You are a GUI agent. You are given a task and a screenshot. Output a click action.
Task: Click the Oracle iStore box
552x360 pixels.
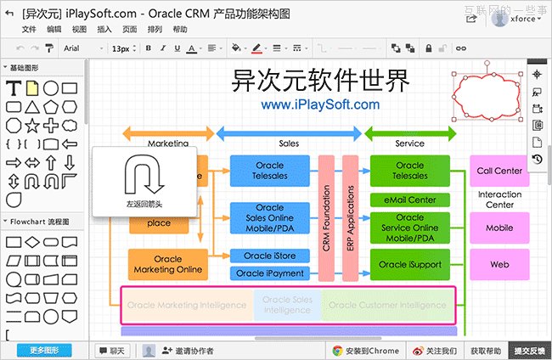[269, 256]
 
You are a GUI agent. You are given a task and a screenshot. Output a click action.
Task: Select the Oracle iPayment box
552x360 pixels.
[269, 273]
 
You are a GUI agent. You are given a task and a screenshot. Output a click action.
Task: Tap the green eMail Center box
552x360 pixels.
[409, 200]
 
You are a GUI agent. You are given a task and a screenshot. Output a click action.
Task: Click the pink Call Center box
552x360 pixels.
[499, 171]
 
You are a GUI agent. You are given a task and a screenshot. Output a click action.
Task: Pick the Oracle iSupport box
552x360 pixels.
[409, 265]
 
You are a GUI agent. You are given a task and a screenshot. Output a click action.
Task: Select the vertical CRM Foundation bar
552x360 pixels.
[326, 217]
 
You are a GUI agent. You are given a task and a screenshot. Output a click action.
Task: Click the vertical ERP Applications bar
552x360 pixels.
[350, 217]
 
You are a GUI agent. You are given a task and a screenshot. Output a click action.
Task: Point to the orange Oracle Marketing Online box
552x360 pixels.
[168, 265]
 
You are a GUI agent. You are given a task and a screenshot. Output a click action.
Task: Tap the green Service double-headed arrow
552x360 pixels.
[410, 132]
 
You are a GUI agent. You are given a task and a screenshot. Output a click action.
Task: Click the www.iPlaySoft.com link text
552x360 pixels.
[320, 104]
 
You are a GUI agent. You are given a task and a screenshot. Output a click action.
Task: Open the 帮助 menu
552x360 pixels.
[180, 29]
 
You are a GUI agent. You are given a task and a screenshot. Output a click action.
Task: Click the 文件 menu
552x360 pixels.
[30, 29]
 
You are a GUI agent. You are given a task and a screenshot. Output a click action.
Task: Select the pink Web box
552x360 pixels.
[499, 265]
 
